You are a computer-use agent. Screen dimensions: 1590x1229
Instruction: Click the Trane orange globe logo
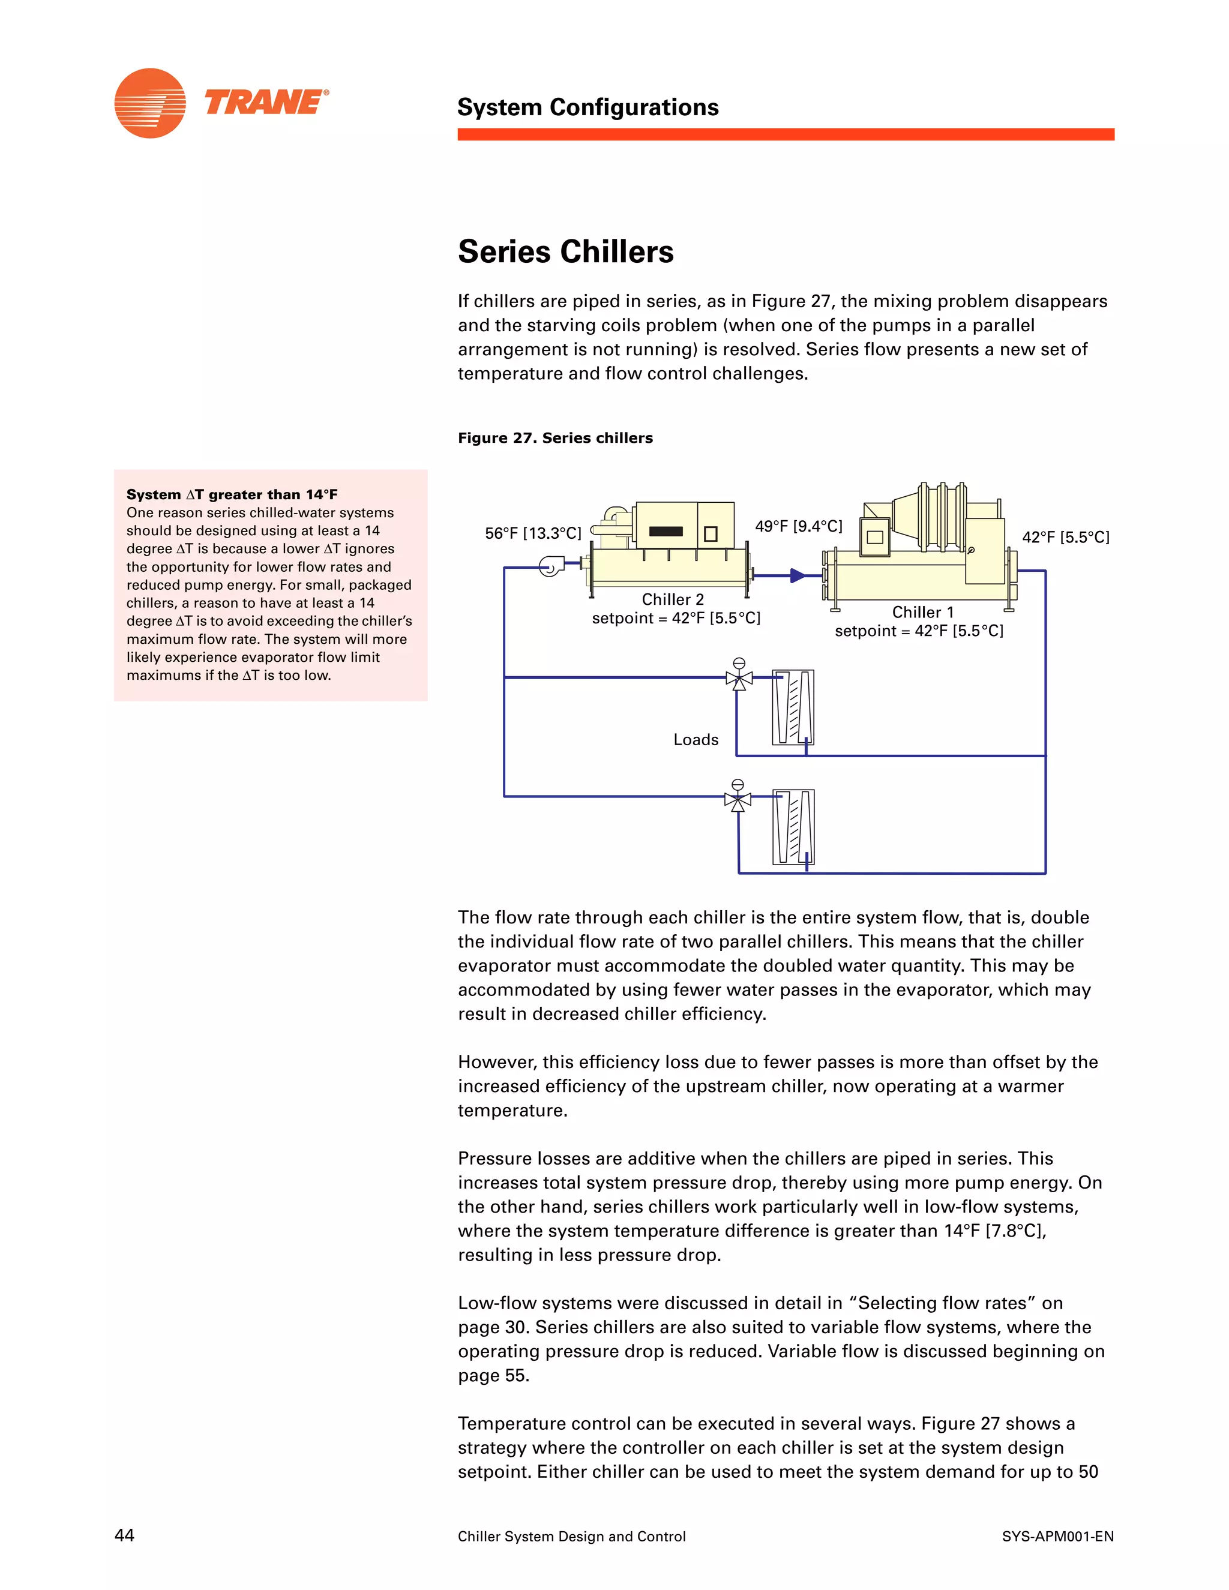[150, 103]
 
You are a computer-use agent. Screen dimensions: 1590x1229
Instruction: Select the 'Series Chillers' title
[566, 252]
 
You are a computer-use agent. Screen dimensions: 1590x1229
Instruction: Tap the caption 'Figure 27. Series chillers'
[555, 437]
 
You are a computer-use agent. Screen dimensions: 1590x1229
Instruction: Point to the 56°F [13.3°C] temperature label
[533, 533]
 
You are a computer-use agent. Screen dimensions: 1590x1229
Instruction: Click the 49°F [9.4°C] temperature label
[798, 526]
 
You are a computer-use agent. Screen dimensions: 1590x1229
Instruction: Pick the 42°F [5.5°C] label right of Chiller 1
[1065, 537]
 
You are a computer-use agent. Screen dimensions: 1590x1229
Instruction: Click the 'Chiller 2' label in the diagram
[673, 599]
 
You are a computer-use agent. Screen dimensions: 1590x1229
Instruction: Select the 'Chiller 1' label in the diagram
[922, 612]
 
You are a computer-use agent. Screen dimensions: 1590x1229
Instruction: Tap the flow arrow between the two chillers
[798, 575]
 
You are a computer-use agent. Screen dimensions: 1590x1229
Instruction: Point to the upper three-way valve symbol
[739, 678]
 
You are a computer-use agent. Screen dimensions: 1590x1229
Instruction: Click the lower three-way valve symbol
[738, 799]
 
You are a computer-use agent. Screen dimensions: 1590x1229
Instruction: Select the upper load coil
[793, 707]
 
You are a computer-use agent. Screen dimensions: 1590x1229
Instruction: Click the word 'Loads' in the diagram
[696, 740]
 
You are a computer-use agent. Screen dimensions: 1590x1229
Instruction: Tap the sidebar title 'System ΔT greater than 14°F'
[232, 494]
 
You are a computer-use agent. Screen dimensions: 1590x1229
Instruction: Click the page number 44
[124, 1535]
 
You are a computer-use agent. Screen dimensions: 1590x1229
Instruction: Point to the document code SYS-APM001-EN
[1057, 1536]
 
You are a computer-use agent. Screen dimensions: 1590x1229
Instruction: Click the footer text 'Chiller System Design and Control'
[571, 1536]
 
